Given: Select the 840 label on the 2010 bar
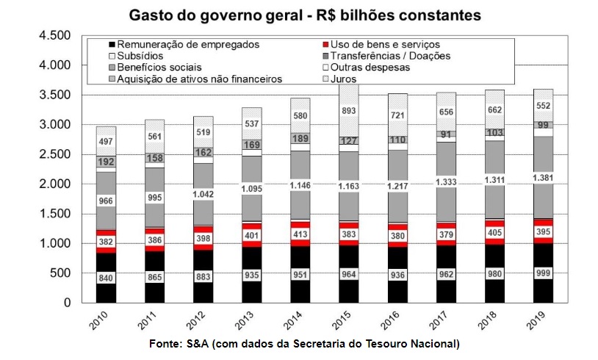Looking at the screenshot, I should click(x=106, y=278).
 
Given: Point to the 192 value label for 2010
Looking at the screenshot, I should click(x=106, y=162).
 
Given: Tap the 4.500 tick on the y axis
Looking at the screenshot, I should click(x=54, y=36).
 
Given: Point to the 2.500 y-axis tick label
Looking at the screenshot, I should click(x=54, y=154).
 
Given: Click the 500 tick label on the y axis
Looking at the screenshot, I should click(x=61, y=273).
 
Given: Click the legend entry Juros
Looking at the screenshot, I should click(x=344, y=79).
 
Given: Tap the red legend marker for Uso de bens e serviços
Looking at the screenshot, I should click(x=325, y=45).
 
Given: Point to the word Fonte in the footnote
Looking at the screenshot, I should click(x=165, y=344).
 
